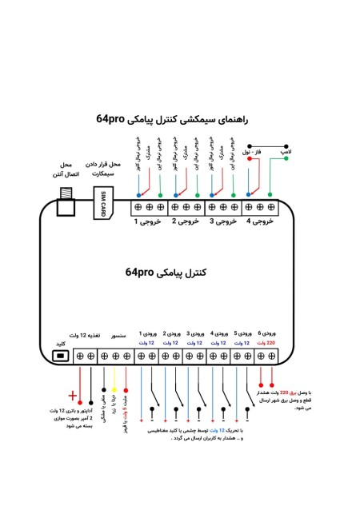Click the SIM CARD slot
[102, 204]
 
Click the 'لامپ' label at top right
[285, 150]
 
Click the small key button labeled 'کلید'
[58, 357]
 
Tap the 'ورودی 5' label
[243, 333]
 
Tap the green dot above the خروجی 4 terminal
[271, 194]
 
